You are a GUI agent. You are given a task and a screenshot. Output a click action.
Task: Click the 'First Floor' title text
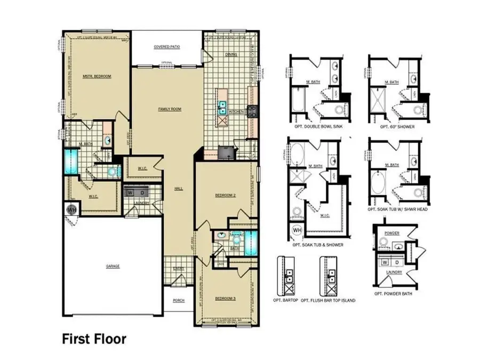[94, 339]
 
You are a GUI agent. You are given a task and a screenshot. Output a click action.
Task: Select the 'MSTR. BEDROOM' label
[97, 77]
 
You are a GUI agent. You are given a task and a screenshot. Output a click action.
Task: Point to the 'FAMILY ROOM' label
[170, 109]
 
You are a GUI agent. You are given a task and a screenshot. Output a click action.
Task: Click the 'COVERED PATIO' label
[167, 47]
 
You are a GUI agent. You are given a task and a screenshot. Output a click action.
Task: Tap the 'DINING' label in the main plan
[231, 55]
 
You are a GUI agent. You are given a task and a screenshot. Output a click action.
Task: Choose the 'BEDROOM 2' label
[225, 196]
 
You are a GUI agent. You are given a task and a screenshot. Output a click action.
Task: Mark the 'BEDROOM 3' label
[225, 298]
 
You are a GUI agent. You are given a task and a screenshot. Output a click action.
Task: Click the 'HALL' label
[179, 188]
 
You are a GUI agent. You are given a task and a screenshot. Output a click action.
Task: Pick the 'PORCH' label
[179, 300]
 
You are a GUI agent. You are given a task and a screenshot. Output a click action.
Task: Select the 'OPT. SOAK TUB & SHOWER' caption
[318, 244]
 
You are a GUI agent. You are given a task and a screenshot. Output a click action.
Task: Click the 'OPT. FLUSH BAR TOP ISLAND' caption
[328, 300]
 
